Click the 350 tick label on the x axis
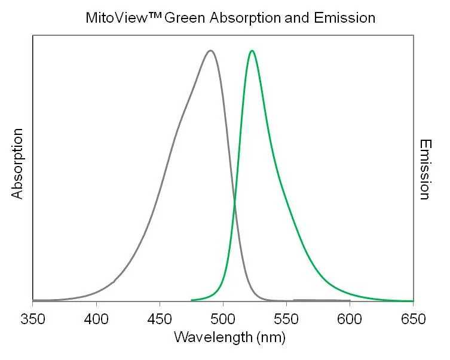[33, 318]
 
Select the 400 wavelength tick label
[96, 318]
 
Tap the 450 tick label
[160, 318]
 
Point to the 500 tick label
[223, 318]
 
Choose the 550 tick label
[286, 318]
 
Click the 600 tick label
[350, 318]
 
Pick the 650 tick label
[412, 318]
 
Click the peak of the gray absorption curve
[210, 51]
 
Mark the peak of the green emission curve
[252, 51]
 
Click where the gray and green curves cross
[234, 203]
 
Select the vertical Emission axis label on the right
[425, 170]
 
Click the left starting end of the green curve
[191, 300]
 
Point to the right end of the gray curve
[350, 300]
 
